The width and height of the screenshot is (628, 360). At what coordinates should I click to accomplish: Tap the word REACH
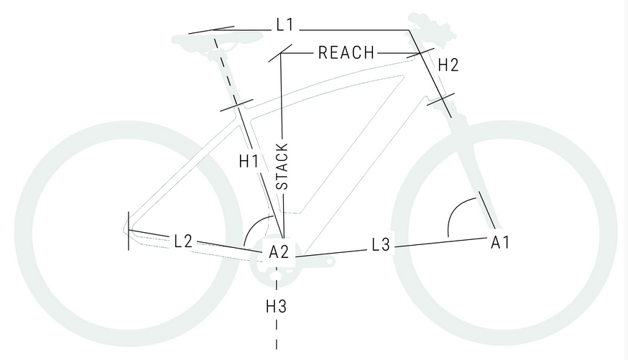click(346, 52)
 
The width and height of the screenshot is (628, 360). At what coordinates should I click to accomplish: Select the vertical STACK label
click(282, 167)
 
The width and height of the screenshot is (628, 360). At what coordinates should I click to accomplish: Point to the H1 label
click(249, 162)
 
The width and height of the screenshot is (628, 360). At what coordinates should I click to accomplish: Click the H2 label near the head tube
click(448, 65)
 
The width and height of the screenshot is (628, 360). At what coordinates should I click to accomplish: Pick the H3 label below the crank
click(277, 307)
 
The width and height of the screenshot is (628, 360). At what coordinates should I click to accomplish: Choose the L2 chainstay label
click(183, 241)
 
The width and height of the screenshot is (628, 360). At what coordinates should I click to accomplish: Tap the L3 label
click(381, 245)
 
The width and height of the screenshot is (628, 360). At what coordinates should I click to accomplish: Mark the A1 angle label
click(500, 242)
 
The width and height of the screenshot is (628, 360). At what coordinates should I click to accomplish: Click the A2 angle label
click(279, 252)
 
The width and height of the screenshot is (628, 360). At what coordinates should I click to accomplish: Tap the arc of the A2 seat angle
click(253, 227)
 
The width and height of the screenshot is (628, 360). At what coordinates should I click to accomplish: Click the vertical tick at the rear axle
click(129, 231)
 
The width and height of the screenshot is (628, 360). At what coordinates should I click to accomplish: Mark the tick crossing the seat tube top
click(234, 106)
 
